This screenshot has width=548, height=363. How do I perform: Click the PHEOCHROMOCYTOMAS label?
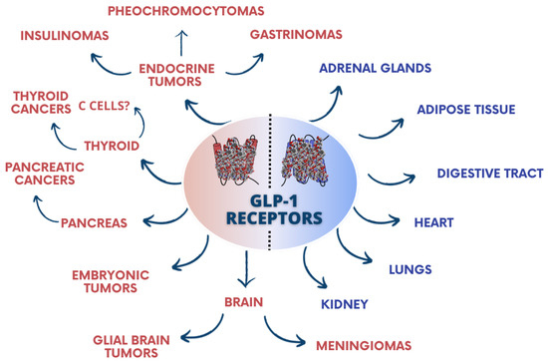coord(181,12)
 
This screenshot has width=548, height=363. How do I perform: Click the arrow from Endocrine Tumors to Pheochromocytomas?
coord(180,41)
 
